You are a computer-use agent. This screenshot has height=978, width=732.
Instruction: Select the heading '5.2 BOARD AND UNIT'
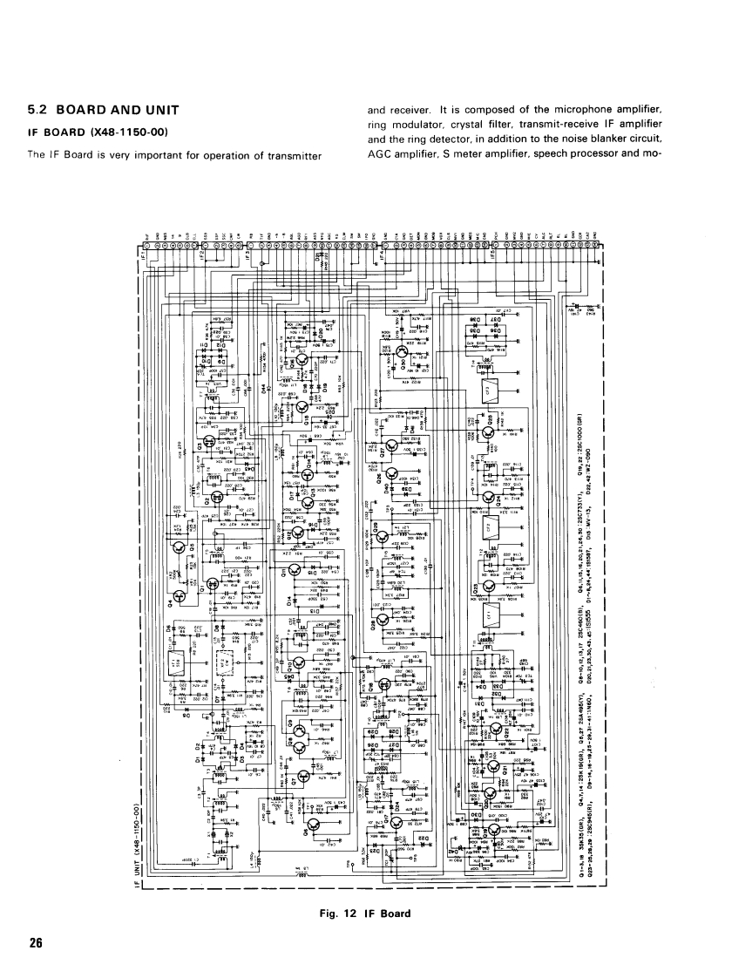coord(104,111)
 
